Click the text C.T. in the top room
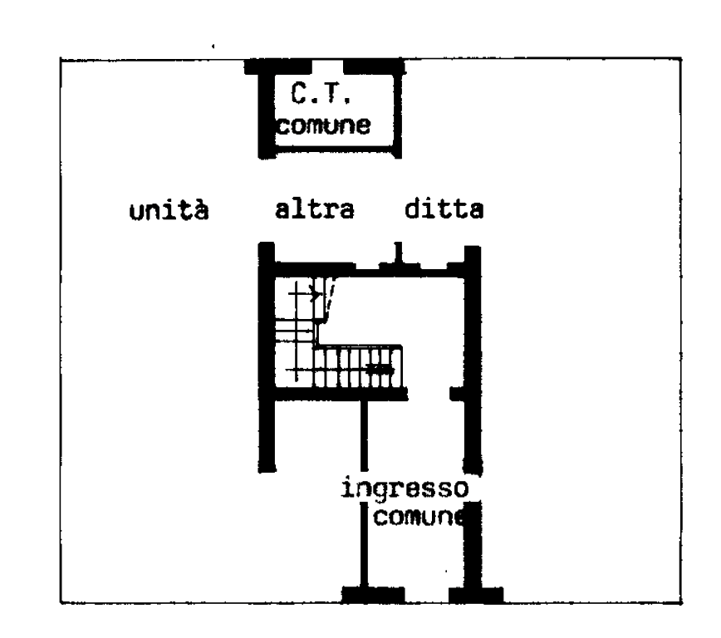tap(322, 95)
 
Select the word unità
tap(168, 210)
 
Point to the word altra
tap(314, 209)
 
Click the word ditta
tap(444, 209)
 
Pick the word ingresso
tap(406, 488)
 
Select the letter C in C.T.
tap(301, 95)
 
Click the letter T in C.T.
tap(340, 95)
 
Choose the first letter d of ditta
tap(413, 209)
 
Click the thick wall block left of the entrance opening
tap(372, 592)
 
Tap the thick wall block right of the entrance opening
tap(474, 592)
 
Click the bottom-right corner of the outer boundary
tap(680, 602)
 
